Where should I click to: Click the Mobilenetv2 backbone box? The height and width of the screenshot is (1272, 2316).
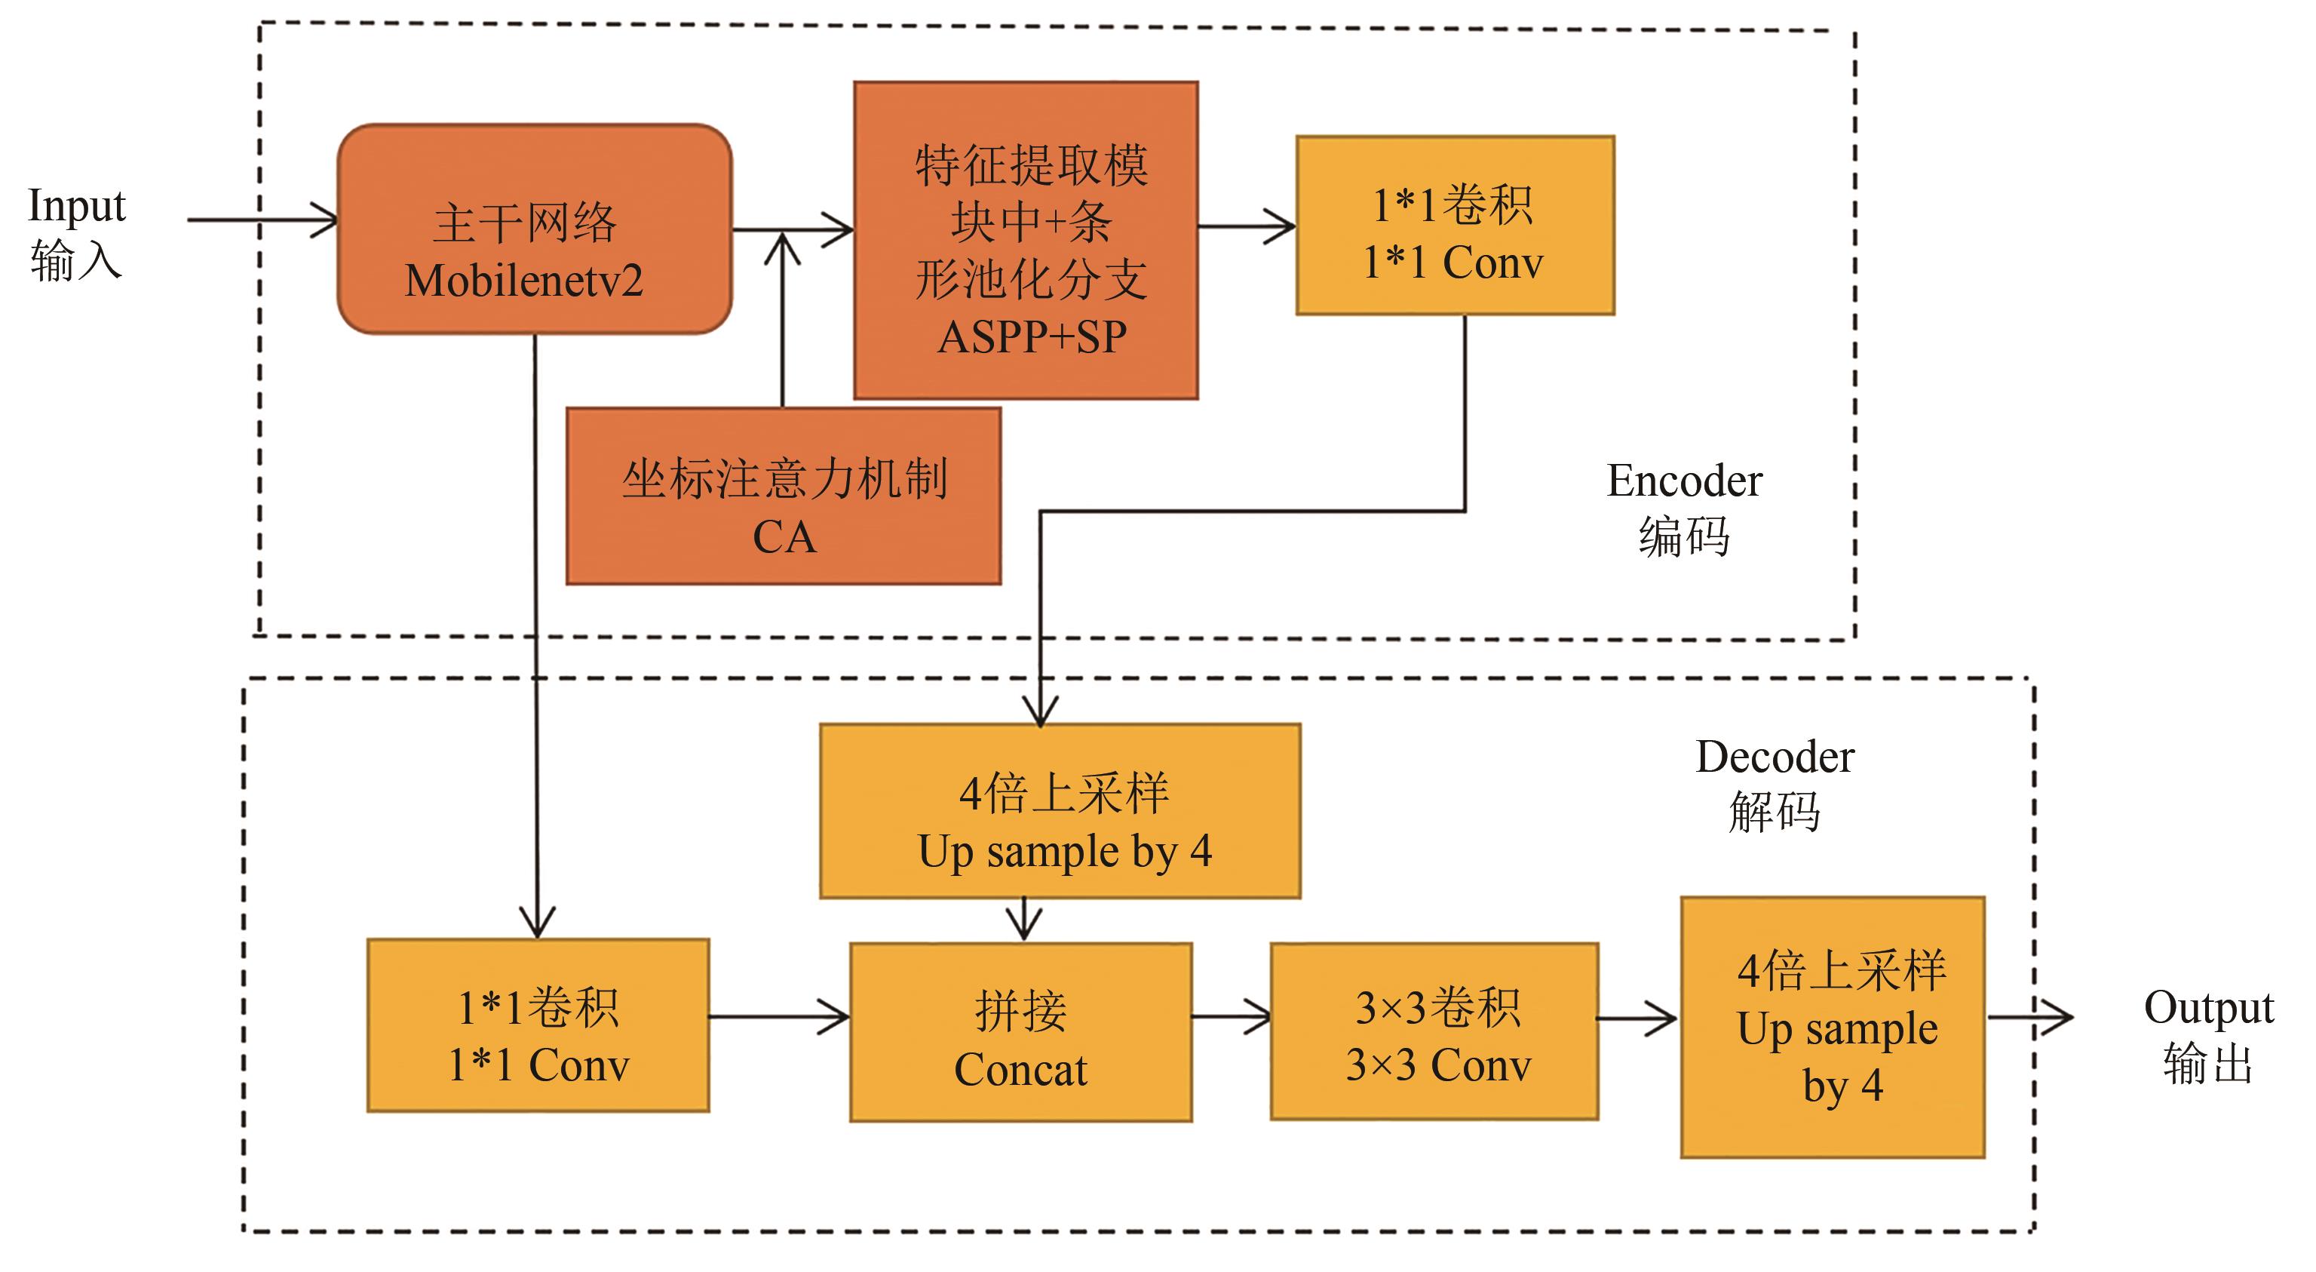click(534, 229)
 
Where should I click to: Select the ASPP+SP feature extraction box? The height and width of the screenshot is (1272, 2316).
click(1025, 240)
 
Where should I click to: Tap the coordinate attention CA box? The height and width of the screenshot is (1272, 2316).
click(783, 496)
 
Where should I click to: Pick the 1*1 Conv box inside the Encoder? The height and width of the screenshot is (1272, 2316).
click(1455, 226)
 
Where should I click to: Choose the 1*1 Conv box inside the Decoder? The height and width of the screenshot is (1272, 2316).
click(538, 1025)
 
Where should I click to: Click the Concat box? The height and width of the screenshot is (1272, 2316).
click(1020, 1032)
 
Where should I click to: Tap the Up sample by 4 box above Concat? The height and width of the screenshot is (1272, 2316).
click(1060, 810)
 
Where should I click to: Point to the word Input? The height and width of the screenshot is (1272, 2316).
click(76, 206)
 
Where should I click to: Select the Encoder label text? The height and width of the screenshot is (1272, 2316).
click(1684, 481)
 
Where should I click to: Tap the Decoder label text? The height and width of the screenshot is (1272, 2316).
click(1774, 757)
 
